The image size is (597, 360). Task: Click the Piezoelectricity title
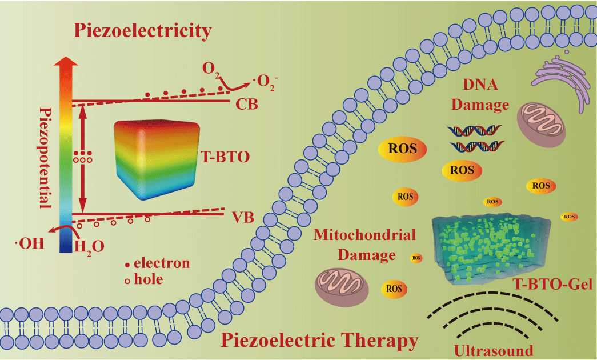pos(141,30)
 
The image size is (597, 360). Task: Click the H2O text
pos(90,246)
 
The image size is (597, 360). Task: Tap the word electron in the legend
pos(162,263)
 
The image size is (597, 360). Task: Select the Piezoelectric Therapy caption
pos(319,342)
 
